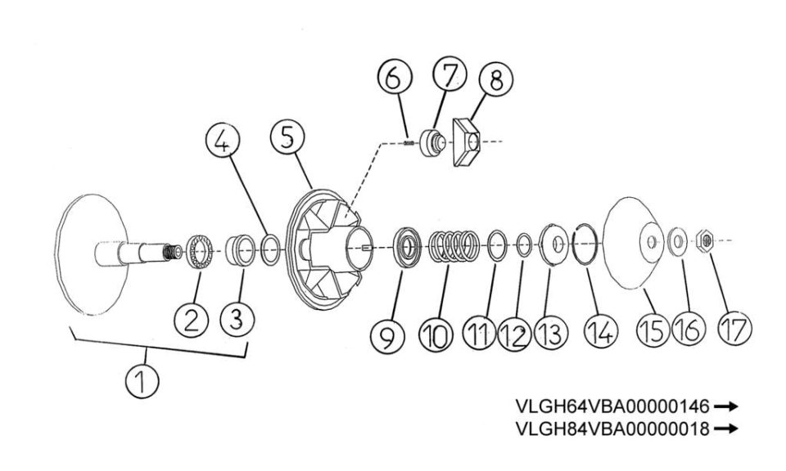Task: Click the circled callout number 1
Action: click(x=142, y=381)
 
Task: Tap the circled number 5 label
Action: click(x=287, y=137)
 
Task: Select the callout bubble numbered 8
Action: click(x=496, y=79)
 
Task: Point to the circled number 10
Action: click(x=436, y=334)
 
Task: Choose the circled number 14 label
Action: click(x=601, y=331)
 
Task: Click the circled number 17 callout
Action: click(x=734, y=329)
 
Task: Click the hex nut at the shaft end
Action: click(x=706, y=240)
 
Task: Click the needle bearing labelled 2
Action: click(x=200, y=252)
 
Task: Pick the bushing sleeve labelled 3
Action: click(x=240, y=249)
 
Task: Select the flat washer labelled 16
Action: click(x=678, y=242)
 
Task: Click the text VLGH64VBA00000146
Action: click(x=612, y=406)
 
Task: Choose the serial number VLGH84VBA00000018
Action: click(x=612, y=428)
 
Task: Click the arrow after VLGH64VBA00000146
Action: click(x=726, y=406)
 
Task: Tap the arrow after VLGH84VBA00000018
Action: click(x=726, y=428)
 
